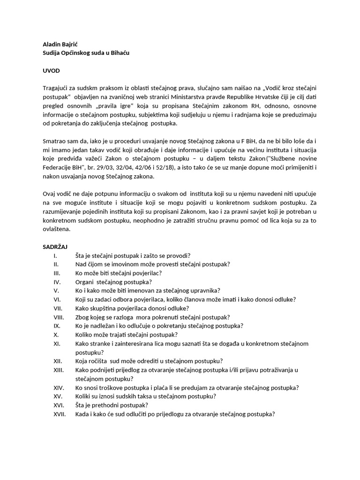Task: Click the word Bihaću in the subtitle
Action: point(118,53)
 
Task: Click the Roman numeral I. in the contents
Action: point(55,255)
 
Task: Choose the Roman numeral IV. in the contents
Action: point(57,282)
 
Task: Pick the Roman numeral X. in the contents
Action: point(56,335)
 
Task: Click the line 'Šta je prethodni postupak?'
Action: point(112,405)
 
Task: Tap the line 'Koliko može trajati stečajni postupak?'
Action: point(126,335)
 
